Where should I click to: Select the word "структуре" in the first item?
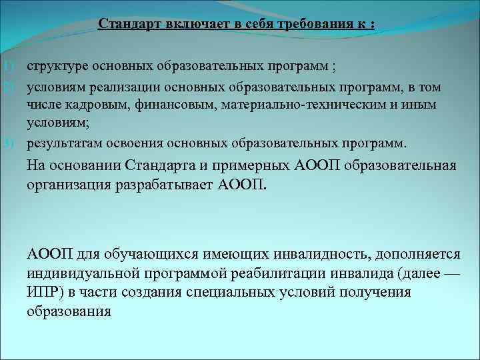click(x=56, y=67)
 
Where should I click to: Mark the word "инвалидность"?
click(x=323, y=255)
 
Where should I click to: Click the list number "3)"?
click(x=7, y=143)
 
